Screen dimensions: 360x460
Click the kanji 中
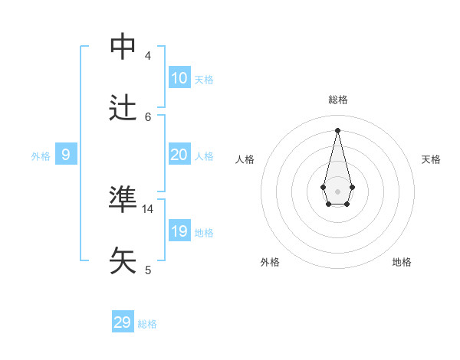click(123, 46)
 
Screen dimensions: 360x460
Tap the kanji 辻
click(123, 107)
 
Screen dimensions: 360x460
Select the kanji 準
click(123, 199)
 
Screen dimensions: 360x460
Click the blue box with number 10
click(179, 78)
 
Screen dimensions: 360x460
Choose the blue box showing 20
click(179, 155)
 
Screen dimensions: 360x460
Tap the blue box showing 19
click(179, 231)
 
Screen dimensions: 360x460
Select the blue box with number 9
click(66, 155)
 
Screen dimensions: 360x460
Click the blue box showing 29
click(123, 322)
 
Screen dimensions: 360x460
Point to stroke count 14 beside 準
click(148, 208)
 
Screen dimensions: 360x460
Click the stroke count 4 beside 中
click(148, 56)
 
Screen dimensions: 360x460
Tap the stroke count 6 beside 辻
click(148, 116)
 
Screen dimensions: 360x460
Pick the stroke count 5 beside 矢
click(148, 270)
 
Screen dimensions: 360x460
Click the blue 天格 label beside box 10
click(204, 80)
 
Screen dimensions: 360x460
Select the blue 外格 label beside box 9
click(41, 156)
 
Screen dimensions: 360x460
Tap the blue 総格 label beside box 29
click(147, 324)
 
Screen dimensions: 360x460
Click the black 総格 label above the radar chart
click(338, 100)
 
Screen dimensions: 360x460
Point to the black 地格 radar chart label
click(402, 262)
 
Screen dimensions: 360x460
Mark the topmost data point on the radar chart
click(337, 129)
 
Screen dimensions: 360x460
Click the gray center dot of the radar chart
click(337, 191)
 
